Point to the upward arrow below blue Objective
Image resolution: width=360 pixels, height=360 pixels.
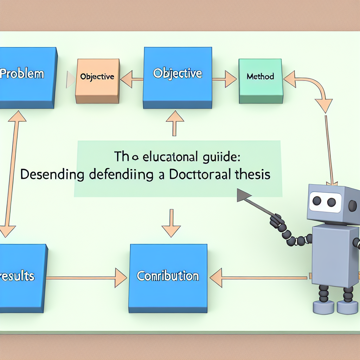click(174, 123)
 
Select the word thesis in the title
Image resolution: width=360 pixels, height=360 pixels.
click(252, 175)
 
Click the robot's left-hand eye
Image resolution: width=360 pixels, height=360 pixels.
click(317, 201)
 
